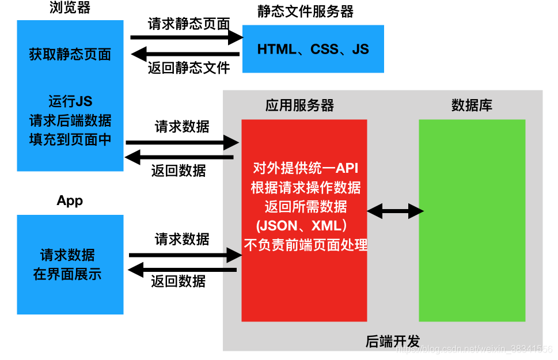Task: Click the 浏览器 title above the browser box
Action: [70, 9]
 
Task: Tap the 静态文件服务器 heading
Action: [305, 11]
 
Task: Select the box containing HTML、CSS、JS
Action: [313, 49]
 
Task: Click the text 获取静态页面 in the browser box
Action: [70, 55]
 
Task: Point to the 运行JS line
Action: [70, 101]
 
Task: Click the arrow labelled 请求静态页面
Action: [187, 37]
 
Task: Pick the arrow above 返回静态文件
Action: [185, 55]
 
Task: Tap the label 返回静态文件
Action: [189, 68]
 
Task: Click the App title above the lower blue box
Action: [70, 201]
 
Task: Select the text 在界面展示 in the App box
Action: [67, 274]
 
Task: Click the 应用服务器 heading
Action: [299, 105]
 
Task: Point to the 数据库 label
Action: [472, 105]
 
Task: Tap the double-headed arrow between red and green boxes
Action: [396, 211]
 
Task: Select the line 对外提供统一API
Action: [305, 168]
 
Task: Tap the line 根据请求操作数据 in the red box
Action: [306, 187]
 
